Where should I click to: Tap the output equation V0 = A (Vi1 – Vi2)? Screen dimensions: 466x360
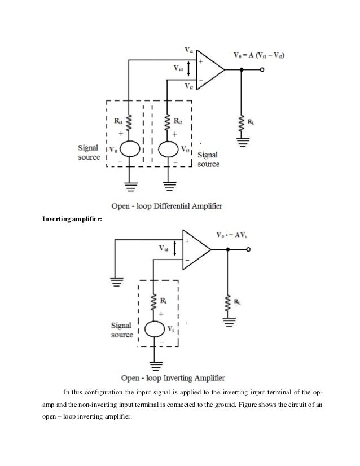tap(259, 55)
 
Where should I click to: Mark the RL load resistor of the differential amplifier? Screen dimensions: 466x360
tap(243, 121)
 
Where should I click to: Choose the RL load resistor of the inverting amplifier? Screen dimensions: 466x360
tap(227, 300)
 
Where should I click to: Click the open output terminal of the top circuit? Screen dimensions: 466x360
tap(262, 70)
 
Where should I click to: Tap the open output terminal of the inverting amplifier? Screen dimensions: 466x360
tap(248, 249)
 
